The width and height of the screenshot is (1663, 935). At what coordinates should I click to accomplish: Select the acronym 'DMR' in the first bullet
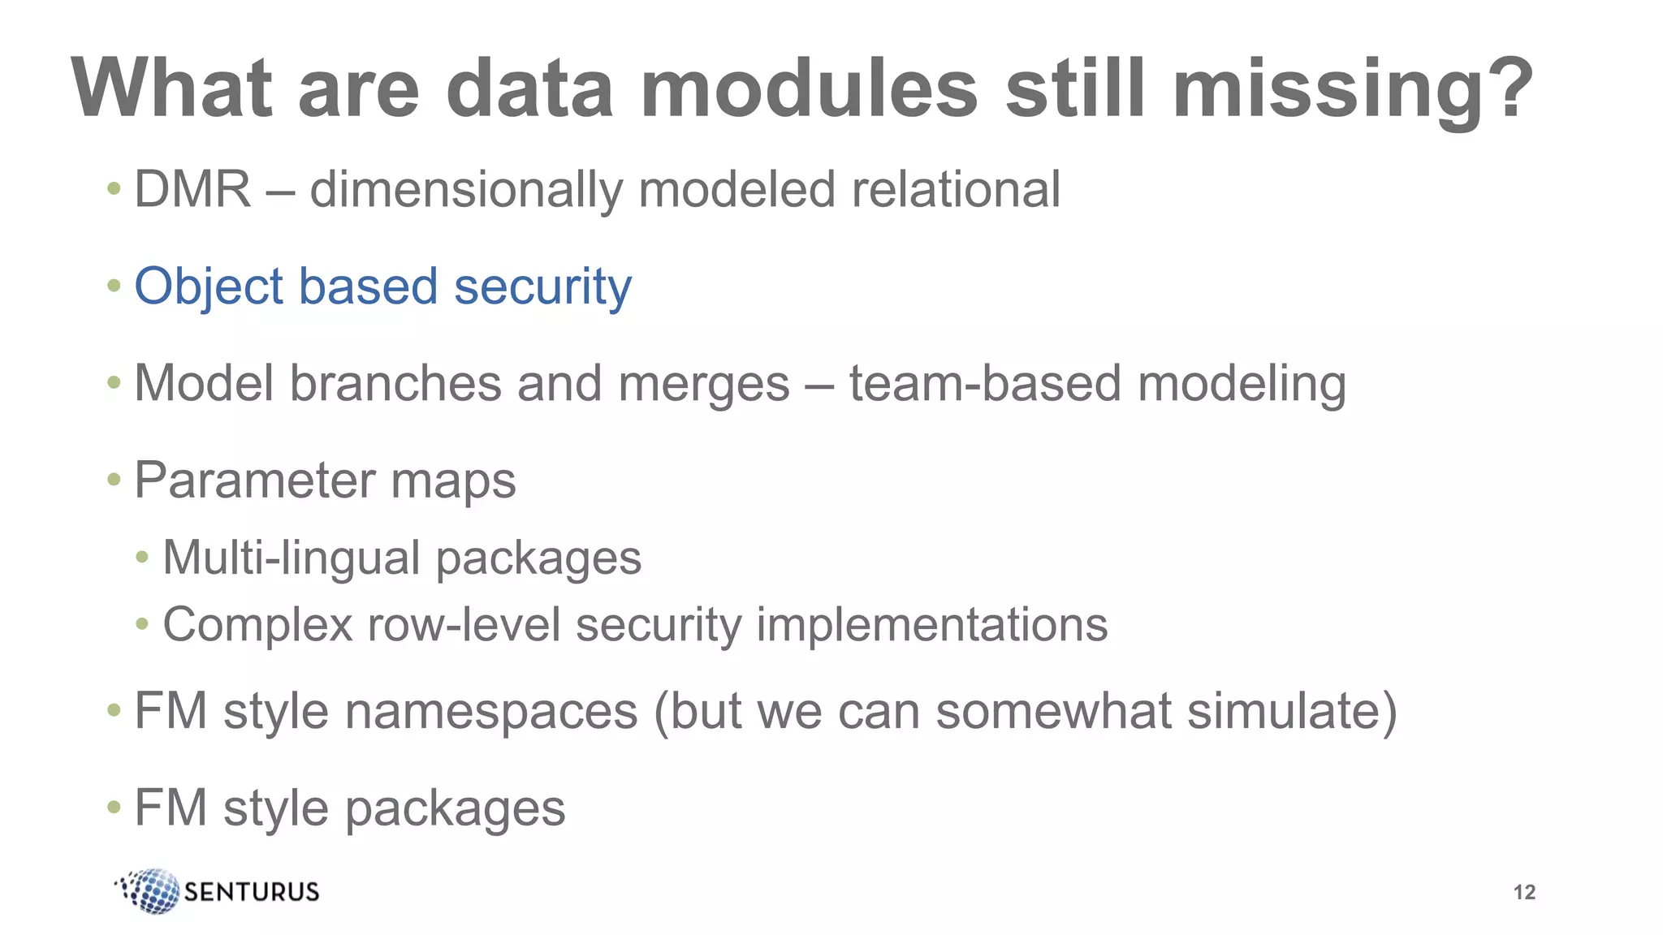pos(192,189)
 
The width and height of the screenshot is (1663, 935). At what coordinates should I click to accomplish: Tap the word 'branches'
pos(395,383)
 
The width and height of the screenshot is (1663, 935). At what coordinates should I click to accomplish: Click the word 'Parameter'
pos(254,480)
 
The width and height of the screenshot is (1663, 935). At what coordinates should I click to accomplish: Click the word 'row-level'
pos(464,625)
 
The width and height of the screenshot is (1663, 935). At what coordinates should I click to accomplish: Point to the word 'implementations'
pos(931,625)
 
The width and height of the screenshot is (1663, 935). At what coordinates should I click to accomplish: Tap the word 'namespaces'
pos(491,711)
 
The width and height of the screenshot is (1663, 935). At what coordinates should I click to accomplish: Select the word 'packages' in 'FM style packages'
pos(455,808)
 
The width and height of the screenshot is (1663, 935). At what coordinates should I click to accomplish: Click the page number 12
pos(1524,892)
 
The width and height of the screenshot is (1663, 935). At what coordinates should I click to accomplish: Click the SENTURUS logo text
pos(252,892)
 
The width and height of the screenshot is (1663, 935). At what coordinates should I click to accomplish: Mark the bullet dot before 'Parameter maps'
pos(114,480)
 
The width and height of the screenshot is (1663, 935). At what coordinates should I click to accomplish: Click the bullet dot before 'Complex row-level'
pos(142,624)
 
